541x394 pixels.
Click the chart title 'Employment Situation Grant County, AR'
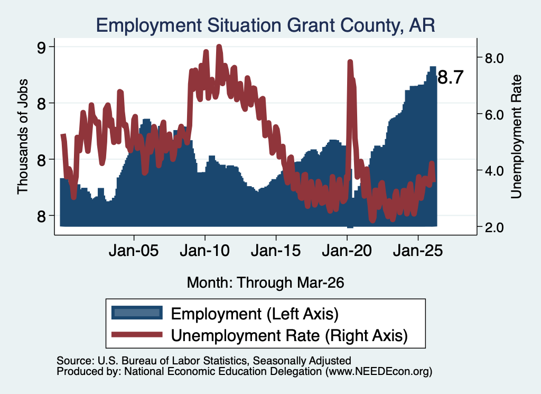coord(265,25)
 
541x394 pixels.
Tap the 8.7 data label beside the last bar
coord(451,77)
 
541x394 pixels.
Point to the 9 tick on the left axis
coord(41,47)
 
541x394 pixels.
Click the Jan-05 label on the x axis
coord(134,250)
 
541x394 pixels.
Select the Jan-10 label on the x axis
coord(205,250)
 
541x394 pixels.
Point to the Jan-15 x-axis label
coord(276,250)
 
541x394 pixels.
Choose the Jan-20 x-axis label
coord(347,250)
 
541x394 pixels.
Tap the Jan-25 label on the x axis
coord(418,250)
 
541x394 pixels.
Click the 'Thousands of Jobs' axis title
coord(22,137)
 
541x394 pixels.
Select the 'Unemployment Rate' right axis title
coord(516,137)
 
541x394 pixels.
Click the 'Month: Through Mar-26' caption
coord(265,282)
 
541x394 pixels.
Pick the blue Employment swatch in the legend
coord(137,313)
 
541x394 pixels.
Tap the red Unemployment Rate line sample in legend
coord(137,334)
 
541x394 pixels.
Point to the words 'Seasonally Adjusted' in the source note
coord(302,361)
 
